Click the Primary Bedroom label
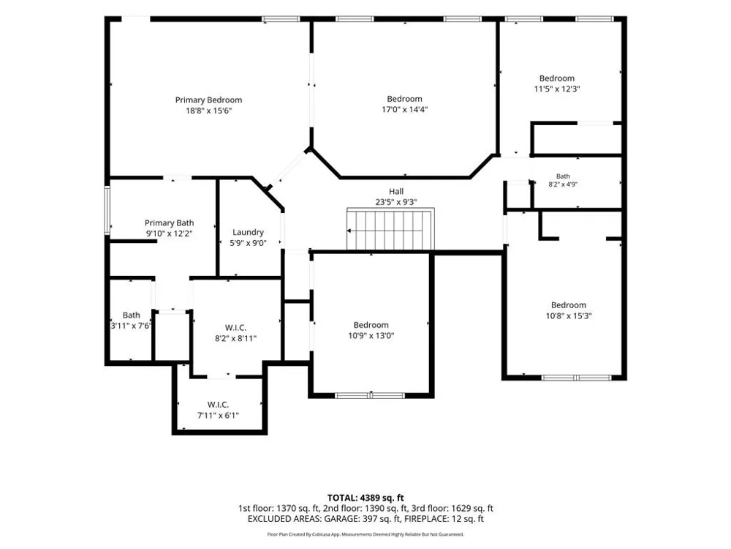pos(208,100)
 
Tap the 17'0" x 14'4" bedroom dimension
pos(405,110)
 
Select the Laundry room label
pos(248,233)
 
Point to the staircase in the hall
pos(390,229)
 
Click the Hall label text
pos(396,191)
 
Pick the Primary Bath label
pos(170,223)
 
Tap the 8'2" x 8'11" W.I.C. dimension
pos(236,338)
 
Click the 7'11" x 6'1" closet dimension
pos(218,415)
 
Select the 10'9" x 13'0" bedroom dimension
pos(371,336)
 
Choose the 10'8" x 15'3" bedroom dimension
pos(569,316)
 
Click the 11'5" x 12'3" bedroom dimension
pos(557,89)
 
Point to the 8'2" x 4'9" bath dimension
pos(563,184)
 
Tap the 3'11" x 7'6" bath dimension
pos(131,326)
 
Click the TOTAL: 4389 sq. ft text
pos(365,498)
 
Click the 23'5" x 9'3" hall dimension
pos(396,202)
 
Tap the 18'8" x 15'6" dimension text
pos(209,111)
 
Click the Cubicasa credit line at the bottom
pos(365,534)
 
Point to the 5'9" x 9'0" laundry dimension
pos(248,243)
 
